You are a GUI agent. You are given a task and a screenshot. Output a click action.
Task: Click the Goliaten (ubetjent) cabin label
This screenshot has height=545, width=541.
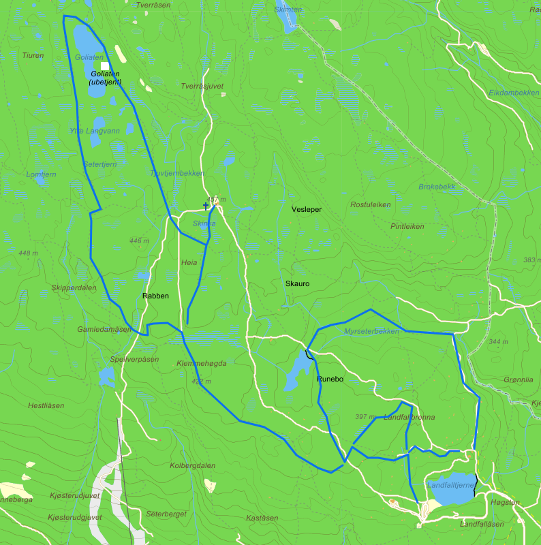coord(105,78)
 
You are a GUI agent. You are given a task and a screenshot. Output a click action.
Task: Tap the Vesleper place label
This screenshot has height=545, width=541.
coord(306,209)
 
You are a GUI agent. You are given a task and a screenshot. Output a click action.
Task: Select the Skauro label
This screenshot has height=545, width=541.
coord(298,282)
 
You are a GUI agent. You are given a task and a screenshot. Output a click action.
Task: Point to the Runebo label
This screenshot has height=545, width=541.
coord(329,378)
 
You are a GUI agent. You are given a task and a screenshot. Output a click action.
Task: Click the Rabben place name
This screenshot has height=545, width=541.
coord(155,296)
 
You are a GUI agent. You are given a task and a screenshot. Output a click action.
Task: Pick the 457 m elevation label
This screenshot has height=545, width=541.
coord(216,200)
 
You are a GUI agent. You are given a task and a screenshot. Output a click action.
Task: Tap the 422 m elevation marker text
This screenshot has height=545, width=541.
coord(201,381)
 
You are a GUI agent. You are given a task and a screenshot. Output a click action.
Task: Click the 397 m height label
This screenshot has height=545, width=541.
coord(366,416)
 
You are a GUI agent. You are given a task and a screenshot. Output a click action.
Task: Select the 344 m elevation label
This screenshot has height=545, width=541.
coord(499,342)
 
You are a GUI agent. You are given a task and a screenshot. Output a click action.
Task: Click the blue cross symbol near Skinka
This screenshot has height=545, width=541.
coord(206,205)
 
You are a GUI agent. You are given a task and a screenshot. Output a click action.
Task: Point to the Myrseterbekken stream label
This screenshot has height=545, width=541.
coord(371,331)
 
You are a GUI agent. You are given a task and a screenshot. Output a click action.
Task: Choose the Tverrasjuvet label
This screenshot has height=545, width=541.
coord(202,86)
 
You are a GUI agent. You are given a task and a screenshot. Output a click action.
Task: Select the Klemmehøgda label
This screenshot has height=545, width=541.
coord(201,363)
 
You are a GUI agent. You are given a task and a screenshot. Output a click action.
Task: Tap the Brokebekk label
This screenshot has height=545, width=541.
coord(437,186)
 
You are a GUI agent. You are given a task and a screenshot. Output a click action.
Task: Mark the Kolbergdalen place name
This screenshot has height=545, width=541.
coord(193,465)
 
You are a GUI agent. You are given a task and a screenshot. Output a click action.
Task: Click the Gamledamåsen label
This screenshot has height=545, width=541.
coord(104,329)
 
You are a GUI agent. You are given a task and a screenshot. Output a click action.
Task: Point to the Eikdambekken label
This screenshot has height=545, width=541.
coord(514,92)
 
